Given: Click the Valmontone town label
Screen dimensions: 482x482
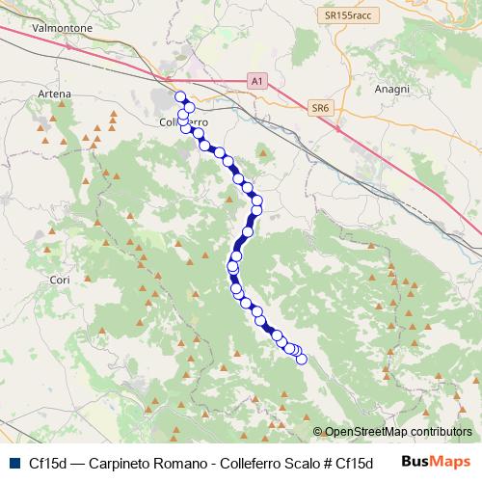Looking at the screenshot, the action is point(62,29).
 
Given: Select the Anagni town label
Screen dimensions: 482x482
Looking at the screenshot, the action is point(393,89).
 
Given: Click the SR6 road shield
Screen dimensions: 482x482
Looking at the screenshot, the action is point(321,109).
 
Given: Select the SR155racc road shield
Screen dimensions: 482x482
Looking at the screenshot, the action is point(347,16).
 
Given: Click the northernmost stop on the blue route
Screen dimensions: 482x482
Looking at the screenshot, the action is point(179,95).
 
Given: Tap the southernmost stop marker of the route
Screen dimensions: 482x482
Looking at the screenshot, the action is point(301,360).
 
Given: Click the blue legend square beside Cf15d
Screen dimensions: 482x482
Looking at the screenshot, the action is point(13,461).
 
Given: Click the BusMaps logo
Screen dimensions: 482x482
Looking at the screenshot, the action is point(437,461).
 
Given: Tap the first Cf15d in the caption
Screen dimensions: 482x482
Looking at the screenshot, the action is point(48,462).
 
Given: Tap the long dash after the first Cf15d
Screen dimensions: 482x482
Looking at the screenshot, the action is point(77,462).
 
